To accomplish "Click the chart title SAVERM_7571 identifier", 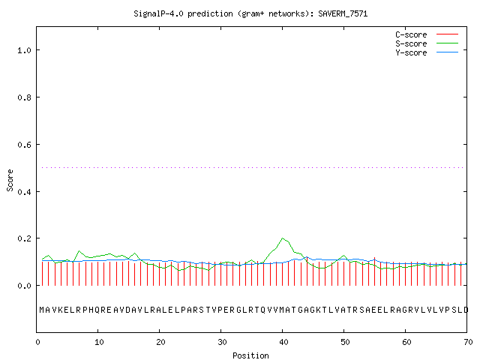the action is tap(343, 13).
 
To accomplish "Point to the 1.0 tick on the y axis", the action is tap(24, 50).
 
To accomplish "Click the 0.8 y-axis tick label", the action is tap(24, 97).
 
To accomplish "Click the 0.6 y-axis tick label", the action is tap(24, 145).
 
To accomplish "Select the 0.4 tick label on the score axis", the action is tap(24, 192).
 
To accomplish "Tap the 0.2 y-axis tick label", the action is tap(24, 238).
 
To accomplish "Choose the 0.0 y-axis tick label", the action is tap(24, 286).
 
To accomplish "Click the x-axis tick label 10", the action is tap(99, 342).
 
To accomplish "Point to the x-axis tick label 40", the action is tap(283, 342).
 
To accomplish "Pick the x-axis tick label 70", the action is tap(468, 342).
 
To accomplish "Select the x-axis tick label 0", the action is tap(37, 342).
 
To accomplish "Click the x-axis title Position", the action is tap(250, 355).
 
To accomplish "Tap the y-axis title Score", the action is tap(10, 181).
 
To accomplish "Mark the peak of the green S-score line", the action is tap(283, 238).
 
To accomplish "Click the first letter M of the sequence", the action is tap(42, 310).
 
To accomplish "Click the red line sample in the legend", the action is tap(447, 34).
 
